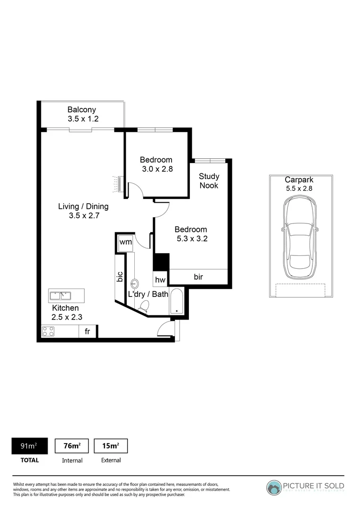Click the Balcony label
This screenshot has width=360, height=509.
click(82, 109)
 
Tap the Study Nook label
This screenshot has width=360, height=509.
click(209, 181)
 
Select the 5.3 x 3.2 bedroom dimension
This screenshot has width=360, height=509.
click(191, 238)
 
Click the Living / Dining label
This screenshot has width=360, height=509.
click(83, 206)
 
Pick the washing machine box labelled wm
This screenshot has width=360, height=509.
click(125, 242)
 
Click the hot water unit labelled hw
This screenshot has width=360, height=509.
click(160, 279)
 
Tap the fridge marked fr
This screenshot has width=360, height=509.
click(87, 331)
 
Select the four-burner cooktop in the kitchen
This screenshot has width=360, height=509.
click(48, 331)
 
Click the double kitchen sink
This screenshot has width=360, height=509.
click(60, 296)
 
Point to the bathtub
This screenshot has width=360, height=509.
click(177, 302)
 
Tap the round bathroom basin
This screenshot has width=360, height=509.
click(135, 284)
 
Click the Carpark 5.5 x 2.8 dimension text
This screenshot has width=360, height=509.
click(299, 188)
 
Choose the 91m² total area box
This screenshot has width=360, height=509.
click(29, 446)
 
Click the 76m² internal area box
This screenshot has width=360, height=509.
click(72, 446)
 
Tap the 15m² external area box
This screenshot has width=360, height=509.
click(111, 446)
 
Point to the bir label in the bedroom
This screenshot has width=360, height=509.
click(198, 277)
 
